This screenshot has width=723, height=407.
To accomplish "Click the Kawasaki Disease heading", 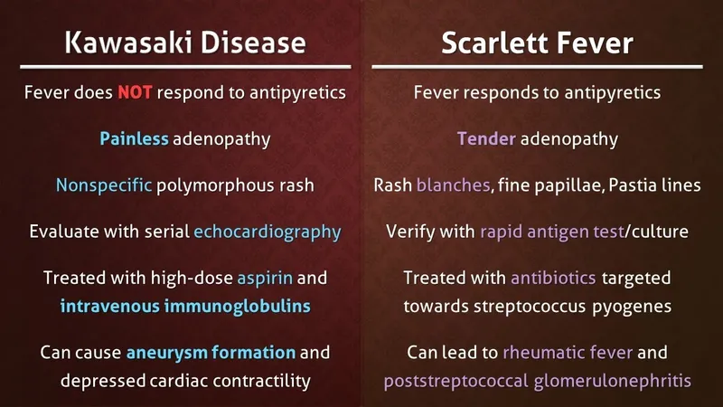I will click(x=184, y=42).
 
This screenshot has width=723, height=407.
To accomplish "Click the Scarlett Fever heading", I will click(x=537, y=42).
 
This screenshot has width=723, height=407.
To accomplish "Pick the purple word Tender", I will click(x=487, y=139).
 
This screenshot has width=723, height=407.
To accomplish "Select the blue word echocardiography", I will click(x=268, y=232).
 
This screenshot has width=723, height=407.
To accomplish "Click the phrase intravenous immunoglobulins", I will click(x=185, y=306).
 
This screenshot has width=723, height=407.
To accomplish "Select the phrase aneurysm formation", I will click(x=211, y=352).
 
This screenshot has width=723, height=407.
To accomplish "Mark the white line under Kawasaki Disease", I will click(x=184, y=66).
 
